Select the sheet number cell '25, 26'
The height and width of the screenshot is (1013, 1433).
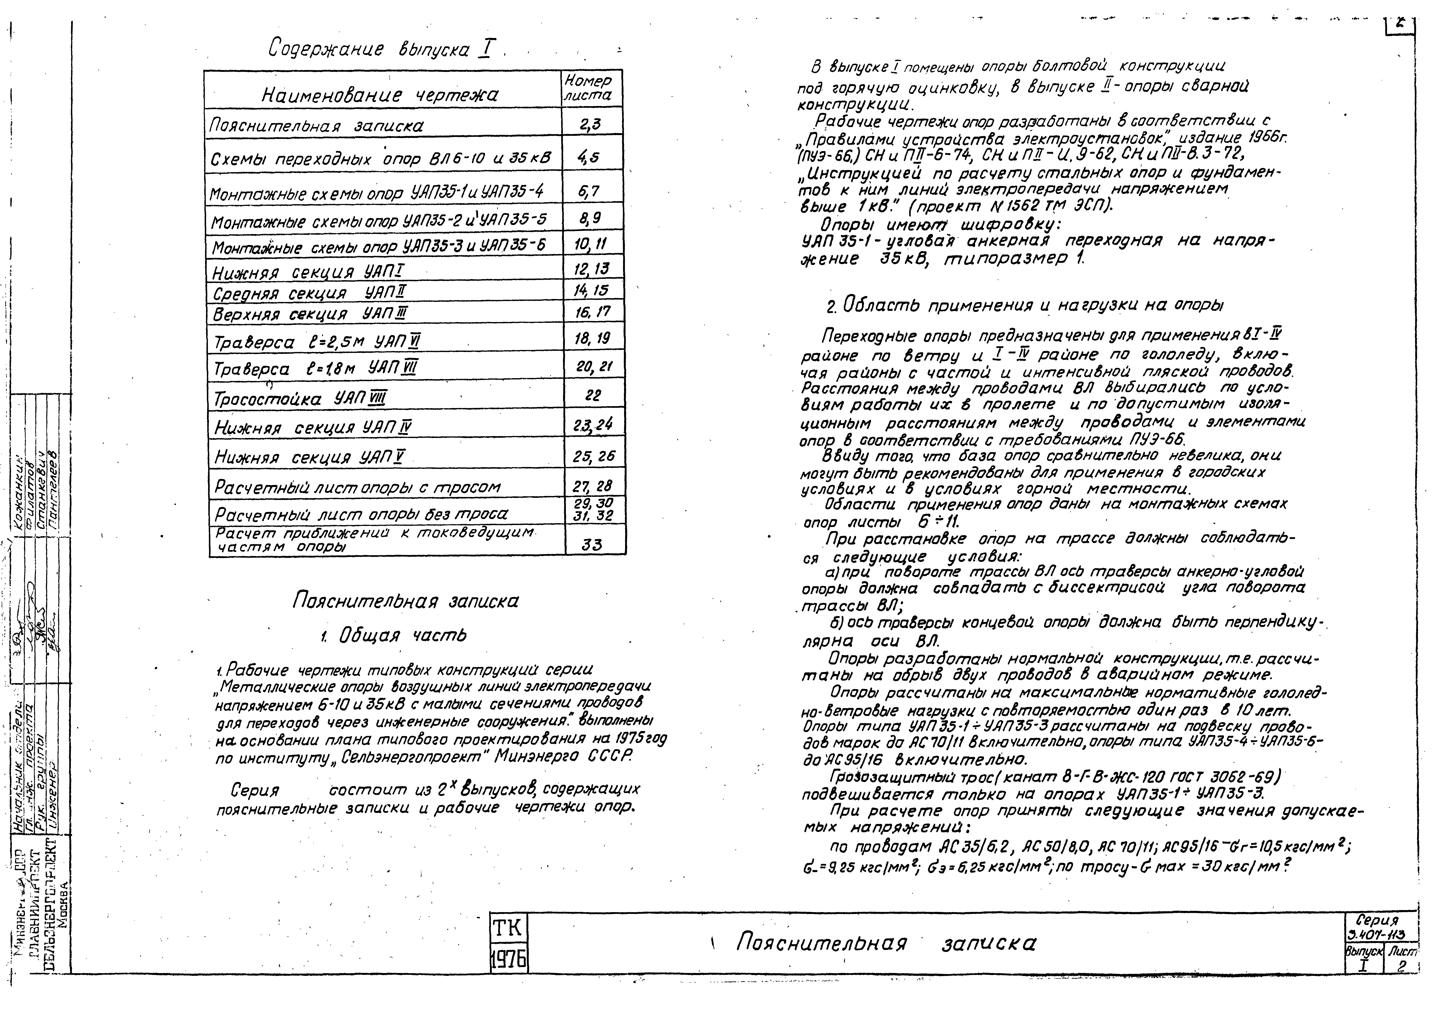(x=593, y=456)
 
